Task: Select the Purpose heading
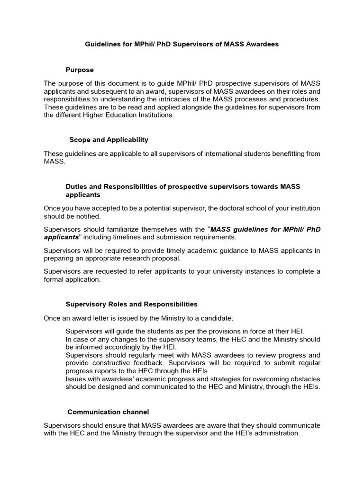pyautogui.click(x=80, y=70)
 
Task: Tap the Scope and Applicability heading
pyautogui.click(x=109, y=140)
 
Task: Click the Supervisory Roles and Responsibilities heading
pyautogui.click(x=131, y=304)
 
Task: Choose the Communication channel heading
pyautogui.click(x=108, y=412)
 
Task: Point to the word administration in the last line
pyautogui.click(x=276, y=433)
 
